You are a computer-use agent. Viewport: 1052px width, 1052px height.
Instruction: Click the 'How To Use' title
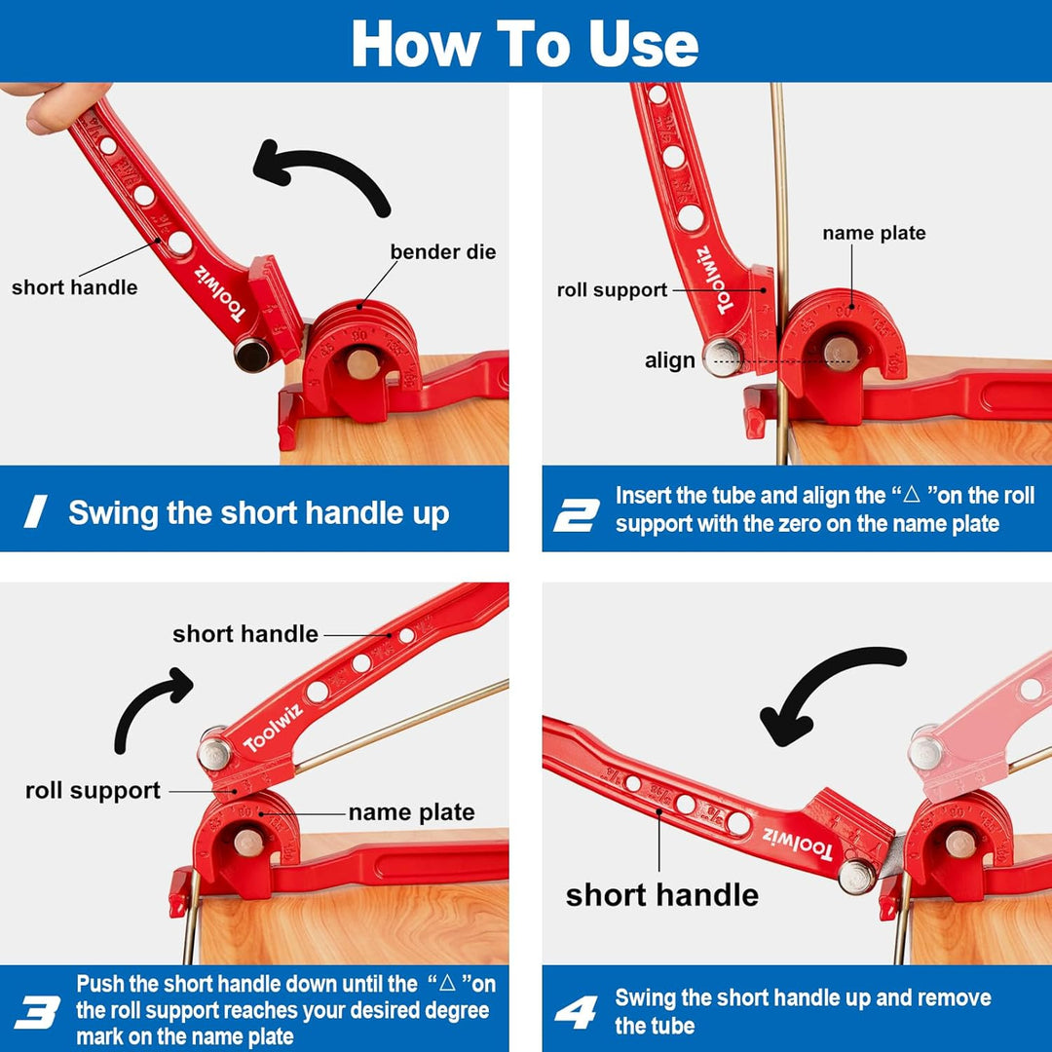(525, 43)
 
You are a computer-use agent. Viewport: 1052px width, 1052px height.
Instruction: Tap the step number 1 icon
(36, 511)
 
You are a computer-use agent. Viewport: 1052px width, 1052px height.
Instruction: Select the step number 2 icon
(576, 510)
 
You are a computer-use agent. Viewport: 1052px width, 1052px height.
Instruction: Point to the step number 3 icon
(37, 1011)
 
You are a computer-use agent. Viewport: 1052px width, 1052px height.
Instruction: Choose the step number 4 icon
(576, 1011)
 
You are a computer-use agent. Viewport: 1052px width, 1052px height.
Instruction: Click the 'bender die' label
(443, 252)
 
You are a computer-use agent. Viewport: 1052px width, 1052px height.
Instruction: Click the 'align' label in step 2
(670, 360)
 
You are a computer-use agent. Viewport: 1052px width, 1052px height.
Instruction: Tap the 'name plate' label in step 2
(874, 233)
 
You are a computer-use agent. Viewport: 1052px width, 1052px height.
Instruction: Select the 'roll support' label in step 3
(93, 791)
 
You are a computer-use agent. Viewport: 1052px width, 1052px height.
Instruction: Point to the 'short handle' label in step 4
(661, 894)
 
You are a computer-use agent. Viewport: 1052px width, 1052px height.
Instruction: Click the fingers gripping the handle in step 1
(39, 107)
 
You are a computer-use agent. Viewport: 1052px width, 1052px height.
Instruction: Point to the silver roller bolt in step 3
(214, 753)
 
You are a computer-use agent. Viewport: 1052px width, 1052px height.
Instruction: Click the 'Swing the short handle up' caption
(258, 513)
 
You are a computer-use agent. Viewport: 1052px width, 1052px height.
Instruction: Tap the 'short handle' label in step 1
(75, 287)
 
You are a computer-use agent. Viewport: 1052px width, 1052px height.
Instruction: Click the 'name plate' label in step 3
(411, 812)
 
